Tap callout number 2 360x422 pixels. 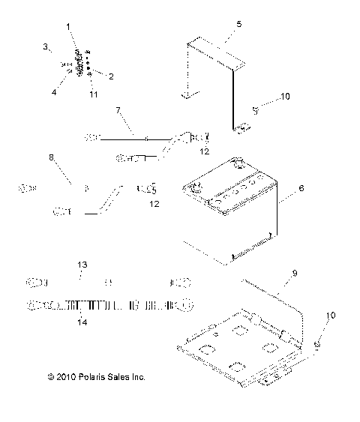pos(111,76)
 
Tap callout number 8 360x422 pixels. pos(52,159)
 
